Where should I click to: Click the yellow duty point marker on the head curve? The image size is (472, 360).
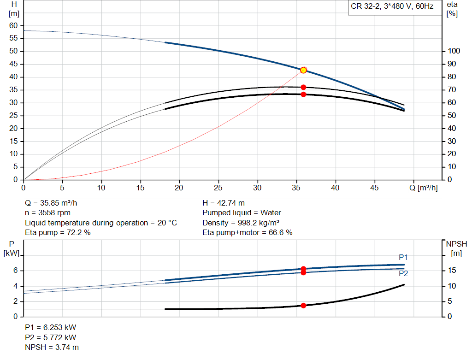point(303,70)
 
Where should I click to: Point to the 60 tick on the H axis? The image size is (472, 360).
point(13,25)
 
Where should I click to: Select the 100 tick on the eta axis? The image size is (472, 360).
point(454,51)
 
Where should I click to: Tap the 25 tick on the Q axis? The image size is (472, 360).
point(218,188)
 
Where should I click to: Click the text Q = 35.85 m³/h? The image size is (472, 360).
point(54,203)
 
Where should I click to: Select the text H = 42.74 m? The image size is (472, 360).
point(224,203)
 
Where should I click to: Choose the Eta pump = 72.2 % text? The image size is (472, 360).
point(58,233)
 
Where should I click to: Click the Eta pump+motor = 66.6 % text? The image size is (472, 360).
point(248,233)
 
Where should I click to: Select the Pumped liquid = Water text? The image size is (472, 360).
point(242,212)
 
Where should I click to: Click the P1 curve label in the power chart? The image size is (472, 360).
point(403,257)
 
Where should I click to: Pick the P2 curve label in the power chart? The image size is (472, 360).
point(403,273)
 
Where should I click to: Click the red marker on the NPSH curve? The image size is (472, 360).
point(303,306)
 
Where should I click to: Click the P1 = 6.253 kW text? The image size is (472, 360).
point(50,327)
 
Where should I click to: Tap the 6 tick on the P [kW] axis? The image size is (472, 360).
point(15,271)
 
